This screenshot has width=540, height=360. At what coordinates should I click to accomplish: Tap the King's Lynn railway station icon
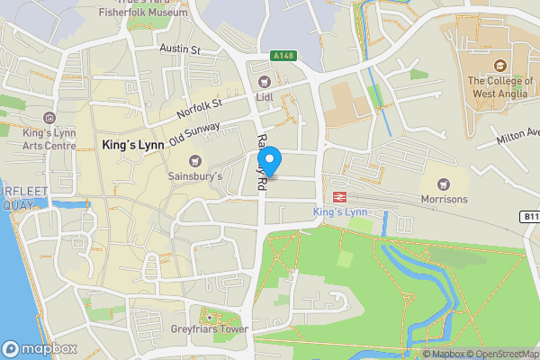[x=340, y=196]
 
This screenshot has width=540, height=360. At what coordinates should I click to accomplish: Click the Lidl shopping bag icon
[x=264, y=83]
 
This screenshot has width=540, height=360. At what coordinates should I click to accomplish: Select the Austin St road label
[x=179, y=49]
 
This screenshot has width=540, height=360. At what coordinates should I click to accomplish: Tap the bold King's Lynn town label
[x=131, y=145]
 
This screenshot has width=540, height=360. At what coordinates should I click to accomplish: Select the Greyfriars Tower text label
[x=211, y=329]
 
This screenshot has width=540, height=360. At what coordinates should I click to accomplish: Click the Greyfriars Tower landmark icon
[x=211, y=316]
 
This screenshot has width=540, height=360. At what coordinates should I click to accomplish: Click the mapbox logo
[x=40, y=348]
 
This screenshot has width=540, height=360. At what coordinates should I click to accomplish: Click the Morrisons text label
[x=444, y=199]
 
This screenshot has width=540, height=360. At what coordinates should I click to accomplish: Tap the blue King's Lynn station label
[x=340, y=211]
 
